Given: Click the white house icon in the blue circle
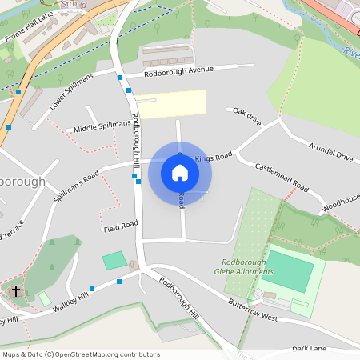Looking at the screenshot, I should [180, 172].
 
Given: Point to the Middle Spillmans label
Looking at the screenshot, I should [102, 126].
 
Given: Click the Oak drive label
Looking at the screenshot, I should [246, 116].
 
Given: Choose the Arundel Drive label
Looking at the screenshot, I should [330, 153].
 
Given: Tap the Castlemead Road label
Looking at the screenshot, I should [282, 177].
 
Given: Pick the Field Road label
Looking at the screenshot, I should [120, 229].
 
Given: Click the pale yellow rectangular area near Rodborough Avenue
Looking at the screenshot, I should [171, 105].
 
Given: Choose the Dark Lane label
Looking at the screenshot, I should [309, 349].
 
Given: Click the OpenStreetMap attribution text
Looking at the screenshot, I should [81, 354].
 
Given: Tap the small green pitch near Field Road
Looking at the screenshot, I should [114, 260].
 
